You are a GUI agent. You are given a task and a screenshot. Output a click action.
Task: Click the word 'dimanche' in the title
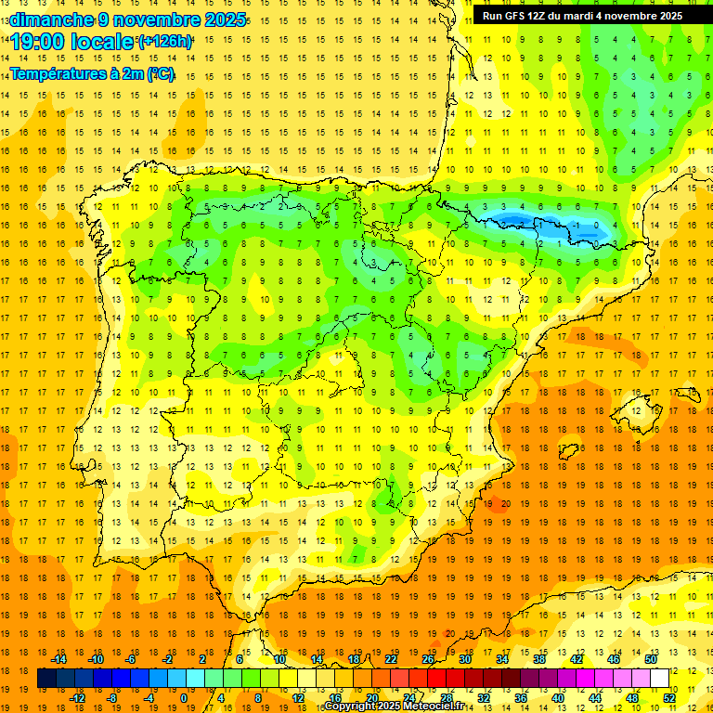click(46, 19)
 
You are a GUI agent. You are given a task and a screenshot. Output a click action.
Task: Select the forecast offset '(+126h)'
click(165, 42)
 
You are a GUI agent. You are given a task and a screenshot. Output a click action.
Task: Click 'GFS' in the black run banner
click(518, 16)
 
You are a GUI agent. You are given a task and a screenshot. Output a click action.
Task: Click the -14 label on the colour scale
click(58, 658)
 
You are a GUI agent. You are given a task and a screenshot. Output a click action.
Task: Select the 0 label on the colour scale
click(184, 698)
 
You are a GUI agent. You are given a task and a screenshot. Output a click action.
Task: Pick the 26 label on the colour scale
click(428, 658)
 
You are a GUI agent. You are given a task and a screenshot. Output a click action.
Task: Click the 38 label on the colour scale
click(538, 658)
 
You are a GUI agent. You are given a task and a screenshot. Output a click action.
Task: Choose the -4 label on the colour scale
click(148, 698)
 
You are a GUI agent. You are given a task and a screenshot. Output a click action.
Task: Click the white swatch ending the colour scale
click(659, 678)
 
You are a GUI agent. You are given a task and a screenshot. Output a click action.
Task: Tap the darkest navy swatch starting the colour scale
click(46, 678)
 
